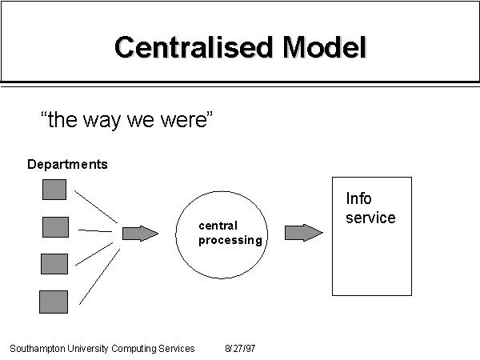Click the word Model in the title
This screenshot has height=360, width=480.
[325, 47]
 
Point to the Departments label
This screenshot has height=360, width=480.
[67, 164]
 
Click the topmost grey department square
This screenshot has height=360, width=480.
[54, 190]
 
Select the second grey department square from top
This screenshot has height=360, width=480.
[55, 227]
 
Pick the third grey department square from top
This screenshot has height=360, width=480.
[54, 264]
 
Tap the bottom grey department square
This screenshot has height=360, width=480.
[54, 302]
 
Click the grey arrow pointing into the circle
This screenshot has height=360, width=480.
[140, 234]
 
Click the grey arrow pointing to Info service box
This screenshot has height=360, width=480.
[304, 233]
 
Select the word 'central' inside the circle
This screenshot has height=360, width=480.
[218, 226]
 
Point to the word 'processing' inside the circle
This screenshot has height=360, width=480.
[230, 240]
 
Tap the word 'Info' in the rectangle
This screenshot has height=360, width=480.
[358, 198]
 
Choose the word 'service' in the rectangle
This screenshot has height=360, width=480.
[370, 218]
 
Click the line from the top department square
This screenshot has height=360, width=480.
[96, 206]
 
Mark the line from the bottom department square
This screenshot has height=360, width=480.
[99, 277]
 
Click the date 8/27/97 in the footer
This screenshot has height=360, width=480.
[240, 348]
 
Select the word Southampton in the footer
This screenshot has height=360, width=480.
[38, 349]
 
